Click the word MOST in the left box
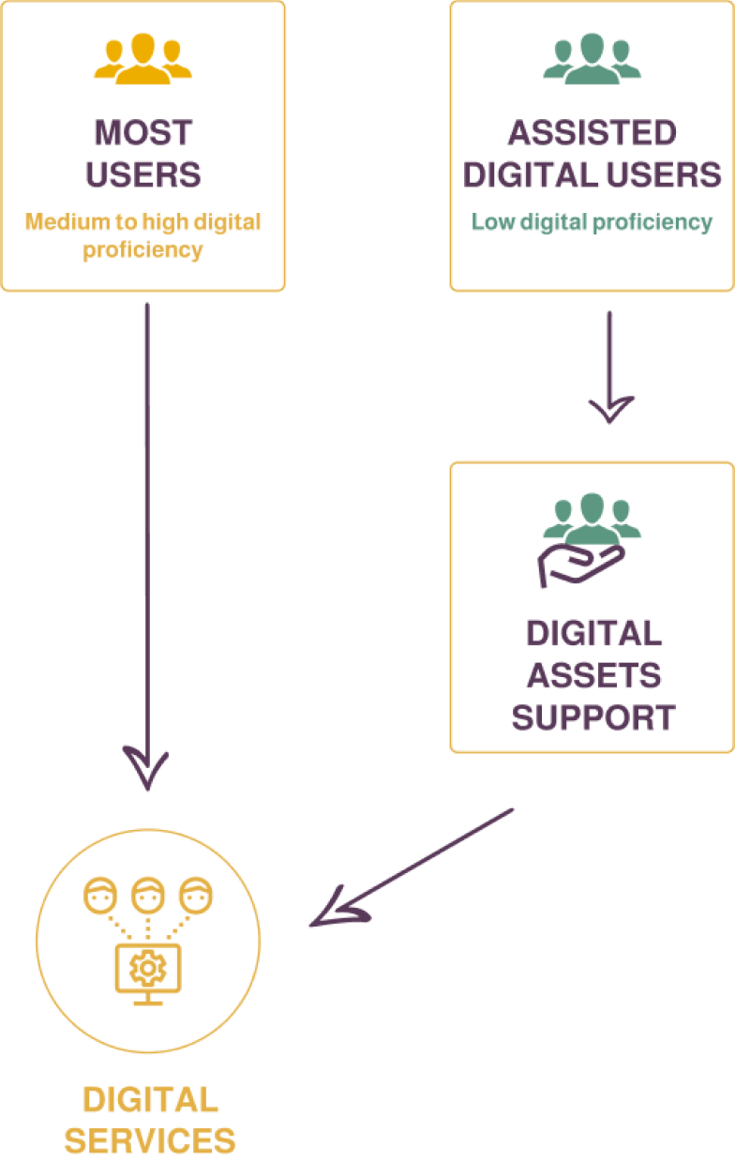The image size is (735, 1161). point(143,132)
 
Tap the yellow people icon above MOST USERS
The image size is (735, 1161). point(142,60)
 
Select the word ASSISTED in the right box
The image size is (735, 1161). point(592,132)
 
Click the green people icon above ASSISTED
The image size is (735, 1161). point(592,60)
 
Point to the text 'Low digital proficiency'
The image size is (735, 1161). point(592,222)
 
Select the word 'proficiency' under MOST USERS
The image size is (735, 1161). point(142,250)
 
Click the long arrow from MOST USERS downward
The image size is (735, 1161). point(147,544)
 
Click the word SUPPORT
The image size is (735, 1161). point(593,717)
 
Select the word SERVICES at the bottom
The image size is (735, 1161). point(150,1140)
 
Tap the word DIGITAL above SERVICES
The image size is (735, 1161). point(150,1099)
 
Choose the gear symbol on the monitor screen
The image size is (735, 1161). point(144,966)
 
